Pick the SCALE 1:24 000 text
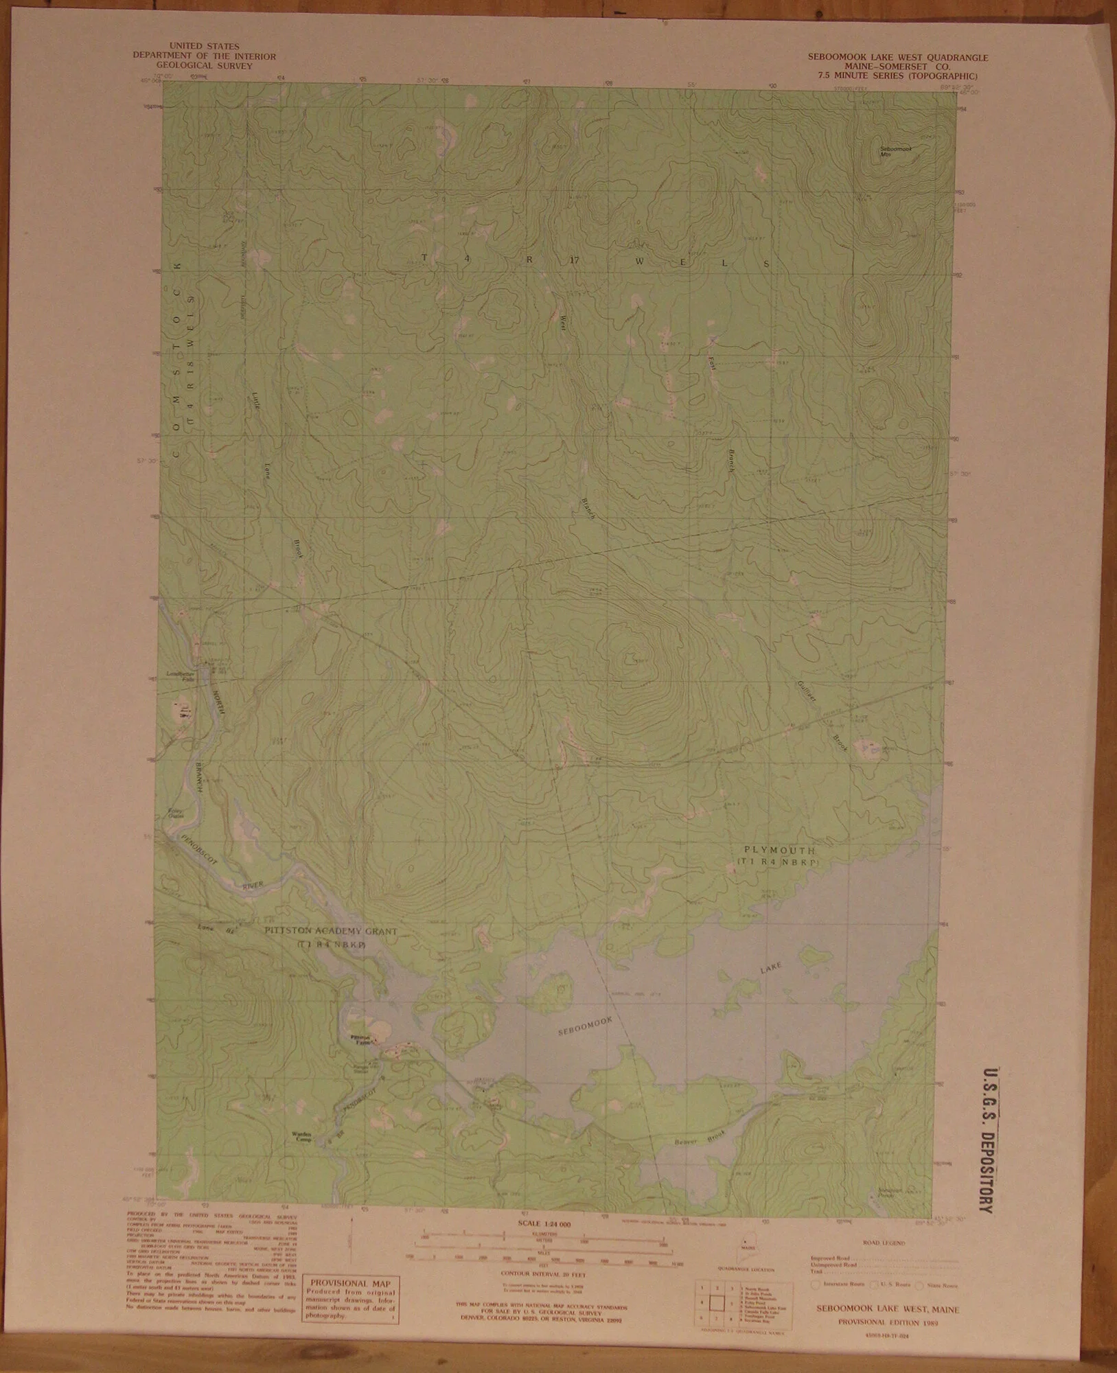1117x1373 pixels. click(x=546, y=1224)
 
